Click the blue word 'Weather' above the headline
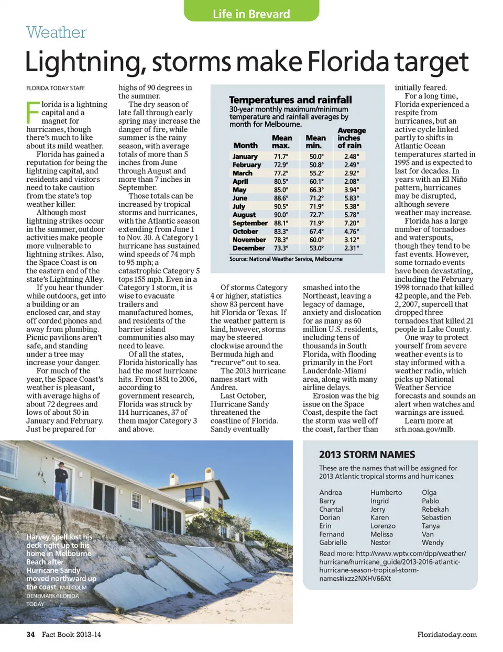56,32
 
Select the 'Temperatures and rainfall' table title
290,100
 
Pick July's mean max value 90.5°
281,206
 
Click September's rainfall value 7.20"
351,223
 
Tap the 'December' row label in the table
248,248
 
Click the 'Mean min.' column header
315,141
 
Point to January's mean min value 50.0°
316,157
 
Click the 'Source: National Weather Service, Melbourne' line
286,259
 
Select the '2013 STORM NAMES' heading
367,455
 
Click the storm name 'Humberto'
386,492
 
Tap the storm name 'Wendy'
432,543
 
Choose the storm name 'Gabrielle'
333,543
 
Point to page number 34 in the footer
30,634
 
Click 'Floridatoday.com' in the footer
447,634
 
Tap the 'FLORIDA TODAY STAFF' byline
56,88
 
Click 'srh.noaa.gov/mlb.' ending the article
424,429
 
